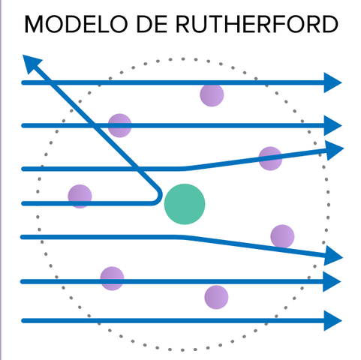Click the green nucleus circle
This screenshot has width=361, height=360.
pyautogui.click(x=185, y=203)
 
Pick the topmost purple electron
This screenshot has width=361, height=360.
pyautogui.click(x=212, y=94)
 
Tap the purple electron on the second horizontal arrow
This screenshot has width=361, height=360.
pyautogui.click(x=120, y=125)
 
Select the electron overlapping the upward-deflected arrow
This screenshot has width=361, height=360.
pyautogui.click(x=270, y=158)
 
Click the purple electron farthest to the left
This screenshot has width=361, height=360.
pyautogui.click(x=80, y=196)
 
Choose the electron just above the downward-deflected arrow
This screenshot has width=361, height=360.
pyautogui.click(x=282, y=236)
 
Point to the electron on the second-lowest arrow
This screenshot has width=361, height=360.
pyautogui.click(x=112, y=278)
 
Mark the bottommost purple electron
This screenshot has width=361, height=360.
pyautogui.click(x=216, y=297)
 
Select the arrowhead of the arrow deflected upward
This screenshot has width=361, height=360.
pyautogui.click(x=335, y=148)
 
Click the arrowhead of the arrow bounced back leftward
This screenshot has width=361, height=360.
pyautogui.click(x=30, y=62)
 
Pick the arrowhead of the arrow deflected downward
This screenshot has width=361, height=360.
pyautogui.click(x=335, y=257)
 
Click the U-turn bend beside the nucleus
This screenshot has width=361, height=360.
pyautogui.click(x=159, y=196)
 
